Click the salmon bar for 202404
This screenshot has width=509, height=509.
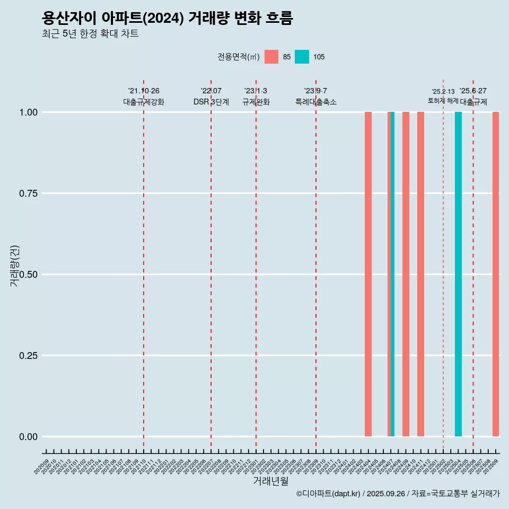click(x=368, y=274)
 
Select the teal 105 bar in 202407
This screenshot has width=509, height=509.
click(x=392, y=274)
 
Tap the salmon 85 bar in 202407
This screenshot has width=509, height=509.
click(x=389, y=274)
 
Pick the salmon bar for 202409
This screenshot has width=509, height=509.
click(x=406, y=274)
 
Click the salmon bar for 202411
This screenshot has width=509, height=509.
click(x=420, y=274)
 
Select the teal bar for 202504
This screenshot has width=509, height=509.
click(x=458, y=274)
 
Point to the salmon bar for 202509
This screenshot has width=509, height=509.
click(x=496, y=274)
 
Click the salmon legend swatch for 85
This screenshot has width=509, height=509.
click(x=271, y=57)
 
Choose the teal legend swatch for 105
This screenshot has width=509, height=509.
click(x=302, y=57)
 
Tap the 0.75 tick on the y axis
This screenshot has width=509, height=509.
click(x=28, y=194)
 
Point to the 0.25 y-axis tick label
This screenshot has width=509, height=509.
click(x=28, y=356)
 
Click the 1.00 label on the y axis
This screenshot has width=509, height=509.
click(x=28, y=112)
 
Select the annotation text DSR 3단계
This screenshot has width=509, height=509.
click(x=211, y=102)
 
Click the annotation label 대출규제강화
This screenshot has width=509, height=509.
click(x=144, y=102)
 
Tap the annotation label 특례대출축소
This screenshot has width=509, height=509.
click(x=316, y=102)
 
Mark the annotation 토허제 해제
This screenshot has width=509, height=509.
click(x=443, y=101)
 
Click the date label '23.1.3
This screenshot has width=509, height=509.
click(x=256, y=91)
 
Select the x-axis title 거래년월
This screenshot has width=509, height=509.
click(x=271, y=481)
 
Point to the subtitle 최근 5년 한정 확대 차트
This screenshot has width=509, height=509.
click(x=90, y=34)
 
